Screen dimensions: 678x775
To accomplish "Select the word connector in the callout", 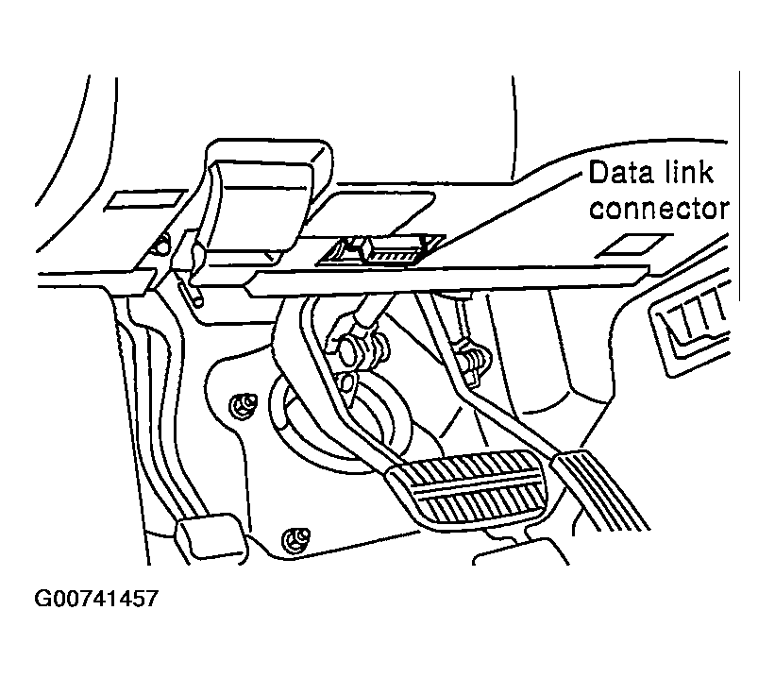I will pos(659,208).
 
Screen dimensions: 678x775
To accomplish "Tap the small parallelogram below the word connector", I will pos(628,245).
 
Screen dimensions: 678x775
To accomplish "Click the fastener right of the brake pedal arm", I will pos(471,358).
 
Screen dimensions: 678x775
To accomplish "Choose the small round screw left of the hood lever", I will pos(160,247).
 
